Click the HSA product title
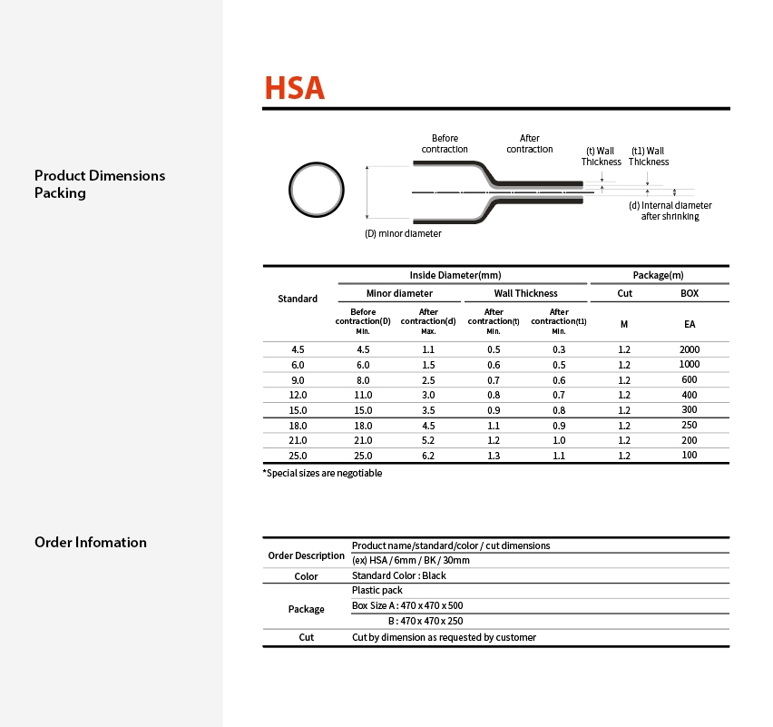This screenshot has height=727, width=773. coord(294,88)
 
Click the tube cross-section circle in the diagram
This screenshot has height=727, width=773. coord(318,190)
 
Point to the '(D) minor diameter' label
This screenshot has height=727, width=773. coord(403,233)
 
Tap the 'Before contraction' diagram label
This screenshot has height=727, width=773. coord(445,143)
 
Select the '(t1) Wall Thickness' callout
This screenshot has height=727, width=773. coord(648,156)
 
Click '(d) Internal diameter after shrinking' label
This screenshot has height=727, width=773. coord(670,211)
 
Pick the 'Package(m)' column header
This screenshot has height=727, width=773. coord(658,275)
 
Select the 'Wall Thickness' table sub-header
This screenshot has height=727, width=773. coord(525,293)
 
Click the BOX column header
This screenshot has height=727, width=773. coord(690,293)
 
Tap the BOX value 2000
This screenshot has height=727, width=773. coord(690,349)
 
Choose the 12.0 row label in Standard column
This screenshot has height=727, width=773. coord(298,395)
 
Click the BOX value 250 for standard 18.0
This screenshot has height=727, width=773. coord(690,425)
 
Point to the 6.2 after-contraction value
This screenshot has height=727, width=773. coord(428,456)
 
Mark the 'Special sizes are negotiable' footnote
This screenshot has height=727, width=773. coord(323,473)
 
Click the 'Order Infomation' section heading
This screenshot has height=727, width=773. coord(91,542)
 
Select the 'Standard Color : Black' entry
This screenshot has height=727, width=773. coord(399,575)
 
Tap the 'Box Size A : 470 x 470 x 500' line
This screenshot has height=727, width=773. coord(407,605)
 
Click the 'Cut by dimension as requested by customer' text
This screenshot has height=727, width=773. coord(444,637)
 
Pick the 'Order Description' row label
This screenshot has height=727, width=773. coord(307,555)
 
